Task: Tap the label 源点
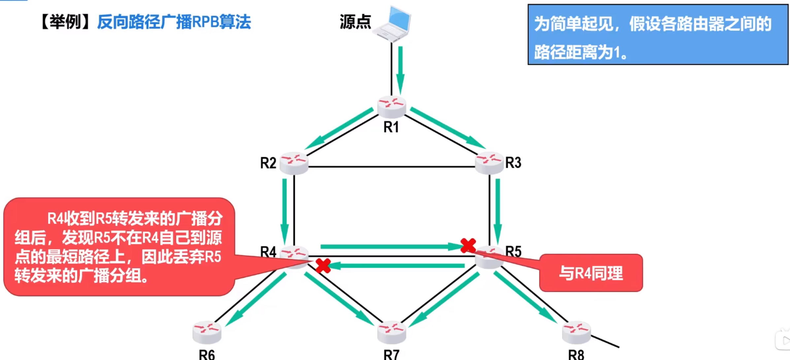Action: pyautogui.click(x=355, y=22)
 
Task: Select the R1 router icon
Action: pyautogui.click(x=392, y=106)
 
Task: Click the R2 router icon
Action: pyautogui.click(x=294, y=163)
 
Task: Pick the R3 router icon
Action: pyautogui.click(x=489, y=163)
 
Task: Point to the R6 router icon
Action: pyautogui.click(x=207, y=332)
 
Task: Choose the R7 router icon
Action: pyautogui.click(x=392, y=332)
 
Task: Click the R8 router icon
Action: pyautogui.click(x=576, y=332)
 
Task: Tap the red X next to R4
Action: pyautogui.click(x=323, y=266)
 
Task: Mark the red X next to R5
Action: pyautogui.click(x=468, y=245)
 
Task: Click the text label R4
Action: pyautogui.click(x=268, y=252)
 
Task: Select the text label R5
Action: pyautogui.click(x=513, y=252)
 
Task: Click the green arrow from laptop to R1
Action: pyautogui.click(x=400, y=69)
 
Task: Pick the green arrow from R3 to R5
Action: pyautogui.click(x=498, y=211)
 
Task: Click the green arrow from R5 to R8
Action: pyautogui.click(x=525, y=297)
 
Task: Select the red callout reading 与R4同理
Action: pyautogui.click(x=591, y=273)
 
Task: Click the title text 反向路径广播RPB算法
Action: pyautogui.click(x=174, y=22)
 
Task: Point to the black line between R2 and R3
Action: pyautogui.click(x=392, y=167)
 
